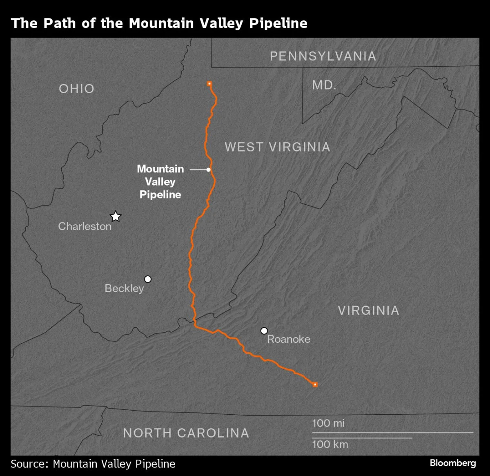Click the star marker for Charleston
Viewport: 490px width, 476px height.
[x=116, y=216]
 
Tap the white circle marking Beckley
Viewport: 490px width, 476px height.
[x=148, y=279]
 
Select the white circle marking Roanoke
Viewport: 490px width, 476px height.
[x=264, y=331]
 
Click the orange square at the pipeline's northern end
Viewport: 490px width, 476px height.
[x=209, y=83]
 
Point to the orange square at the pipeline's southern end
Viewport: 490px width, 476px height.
[x=315, y=384]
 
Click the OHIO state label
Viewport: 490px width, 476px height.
[x=76, y=89]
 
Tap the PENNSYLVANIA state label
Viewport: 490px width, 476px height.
[x=323, y=56]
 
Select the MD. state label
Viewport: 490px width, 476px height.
[x=324, y=85]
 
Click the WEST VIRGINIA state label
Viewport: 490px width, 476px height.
[x=277, y=147]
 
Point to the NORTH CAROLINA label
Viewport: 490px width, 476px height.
[x=186, y=433]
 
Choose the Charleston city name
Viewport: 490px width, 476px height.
[x=85, y=226]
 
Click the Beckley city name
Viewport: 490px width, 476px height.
[x=124, y=288]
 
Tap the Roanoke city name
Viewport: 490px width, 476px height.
[x=289, y=339]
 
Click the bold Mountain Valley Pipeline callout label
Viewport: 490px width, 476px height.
[x=160, y=182]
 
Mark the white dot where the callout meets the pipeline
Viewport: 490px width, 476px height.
[x=208, y=169]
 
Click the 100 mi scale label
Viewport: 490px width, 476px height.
[x=328, y=423]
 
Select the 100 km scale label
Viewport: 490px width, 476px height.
[x=330, y=445]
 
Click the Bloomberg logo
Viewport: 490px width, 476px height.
[x=452, y=463]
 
